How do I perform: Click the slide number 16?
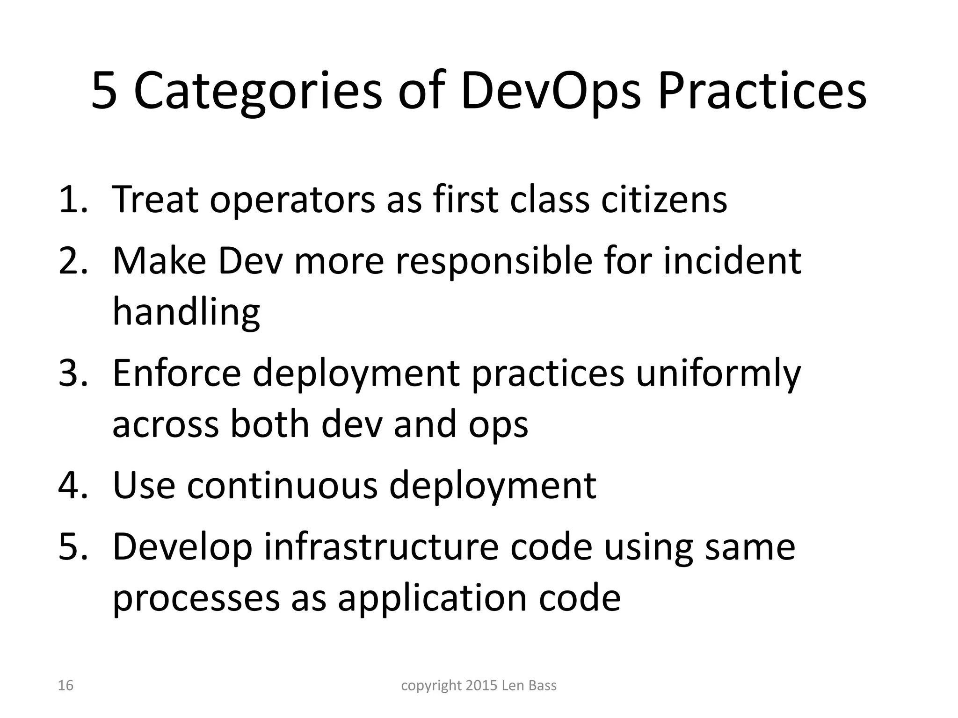click(65, 685)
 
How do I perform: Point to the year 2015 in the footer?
click(481, 685)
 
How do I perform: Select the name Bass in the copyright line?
click(542, 685)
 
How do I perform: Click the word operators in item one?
click(292, 200)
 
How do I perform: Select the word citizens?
click(664, 199)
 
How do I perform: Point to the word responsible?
click(494, 261)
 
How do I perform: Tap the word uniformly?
click(718, 374)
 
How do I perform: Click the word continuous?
click(283, 485)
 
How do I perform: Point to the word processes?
click(196, 599)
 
